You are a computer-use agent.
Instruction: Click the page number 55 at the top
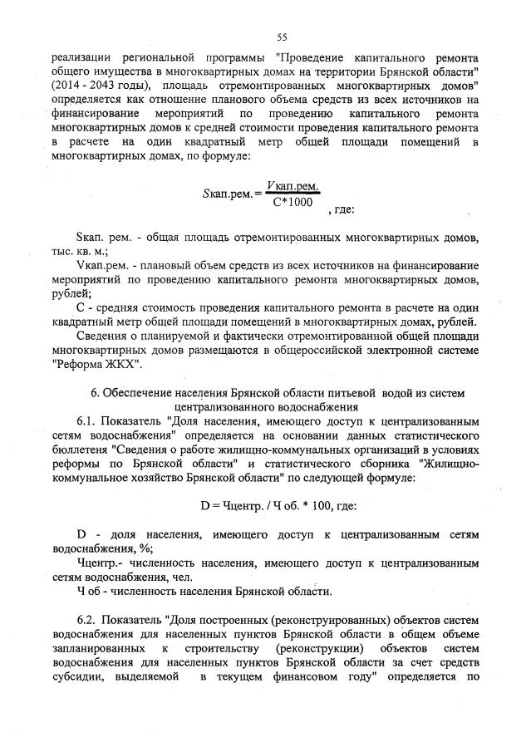(282, 37)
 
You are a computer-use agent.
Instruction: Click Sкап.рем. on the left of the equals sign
(223, 194)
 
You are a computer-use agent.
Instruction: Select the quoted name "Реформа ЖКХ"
(97, 364)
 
